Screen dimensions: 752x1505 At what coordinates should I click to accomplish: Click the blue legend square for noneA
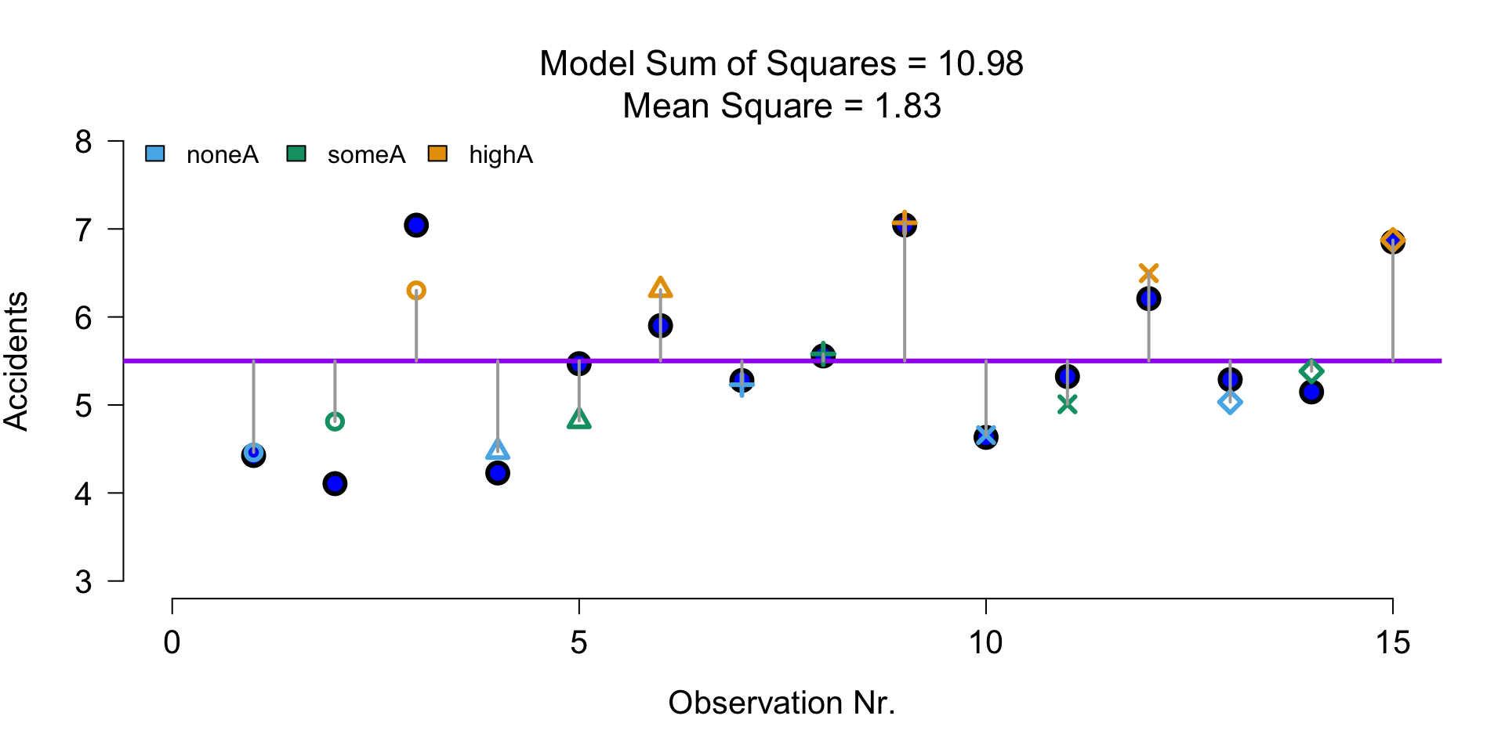[155, 154]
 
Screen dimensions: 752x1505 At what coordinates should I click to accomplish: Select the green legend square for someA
[296, 154]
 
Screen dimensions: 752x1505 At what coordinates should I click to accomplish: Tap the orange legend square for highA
[437, 154]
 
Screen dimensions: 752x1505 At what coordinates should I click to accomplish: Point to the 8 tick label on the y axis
[84, 142]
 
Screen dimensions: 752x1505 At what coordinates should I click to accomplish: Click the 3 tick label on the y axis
[84, 582]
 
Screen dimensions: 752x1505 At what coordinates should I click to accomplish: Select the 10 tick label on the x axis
[985, 643]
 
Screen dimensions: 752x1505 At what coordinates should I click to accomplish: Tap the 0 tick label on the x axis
[172, 643]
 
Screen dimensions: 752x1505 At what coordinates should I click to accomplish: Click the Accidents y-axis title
[16, 361]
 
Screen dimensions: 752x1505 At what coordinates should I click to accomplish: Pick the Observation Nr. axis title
[782, 703]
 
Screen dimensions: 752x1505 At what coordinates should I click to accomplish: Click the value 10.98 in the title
[981, 64]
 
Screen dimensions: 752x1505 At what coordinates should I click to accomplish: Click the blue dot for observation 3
[416, 226]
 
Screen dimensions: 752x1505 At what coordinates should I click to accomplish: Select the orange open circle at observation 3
[416, 291]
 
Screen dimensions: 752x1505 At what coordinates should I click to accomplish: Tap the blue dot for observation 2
[335, 483]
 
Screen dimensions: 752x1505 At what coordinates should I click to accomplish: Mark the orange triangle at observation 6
[661, 288]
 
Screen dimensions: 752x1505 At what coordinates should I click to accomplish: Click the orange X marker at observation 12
[1148, 273]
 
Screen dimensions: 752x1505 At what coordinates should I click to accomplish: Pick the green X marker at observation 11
[1067, 404]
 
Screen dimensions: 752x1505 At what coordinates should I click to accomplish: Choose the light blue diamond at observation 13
[1230, 403]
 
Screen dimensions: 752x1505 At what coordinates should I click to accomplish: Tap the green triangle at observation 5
[578, 419]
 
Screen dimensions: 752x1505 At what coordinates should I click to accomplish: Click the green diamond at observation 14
[1311, 371]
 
